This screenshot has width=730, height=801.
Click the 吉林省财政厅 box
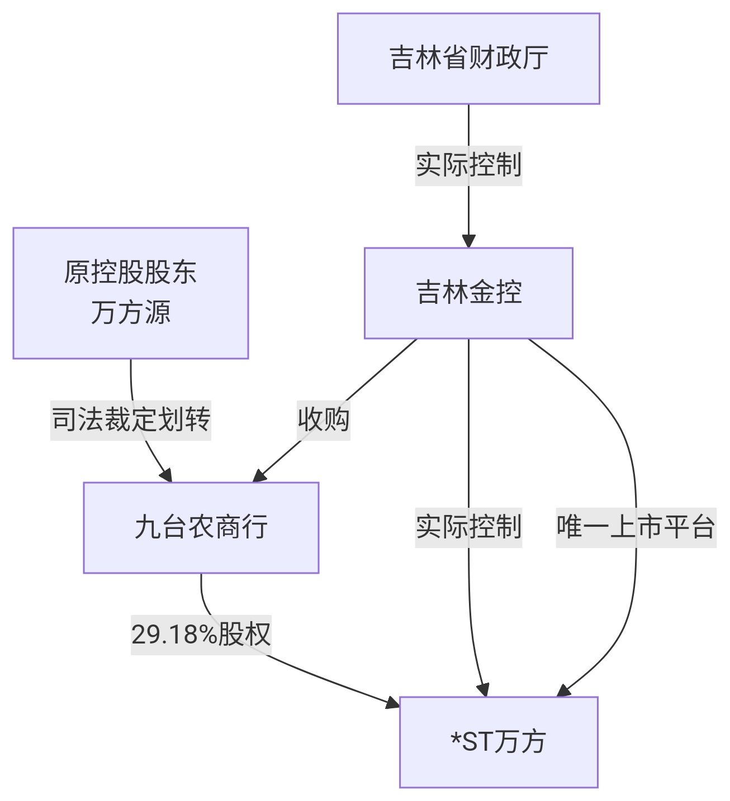(x=468, y=59)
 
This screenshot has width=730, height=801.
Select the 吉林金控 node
(x=468, y=293)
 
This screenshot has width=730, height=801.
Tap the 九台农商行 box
(x=201, y=527)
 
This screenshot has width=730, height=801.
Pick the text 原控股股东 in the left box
(x=130, y=273)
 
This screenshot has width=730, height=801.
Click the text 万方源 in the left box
(x=130, y=312)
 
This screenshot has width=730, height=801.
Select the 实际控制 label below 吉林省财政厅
(x=468, y=165)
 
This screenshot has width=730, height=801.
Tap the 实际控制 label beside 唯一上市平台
(x=468, y=527)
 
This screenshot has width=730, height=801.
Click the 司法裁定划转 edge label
(x=131, y=419)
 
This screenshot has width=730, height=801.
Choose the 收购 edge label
(x=324, y=419)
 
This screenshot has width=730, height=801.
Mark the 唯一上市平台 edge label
(x=636, y=527)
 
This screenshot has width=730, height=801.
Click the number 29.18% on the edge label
(x=174, y=635)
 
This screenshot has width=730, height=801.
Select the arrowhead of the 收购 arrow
(x=259, y=475)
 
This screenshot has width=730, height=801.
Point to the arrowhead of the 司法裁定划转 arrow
(x=165, y=475)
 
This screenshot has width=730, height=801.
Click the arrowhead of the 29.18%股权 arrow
(x=393, y=702)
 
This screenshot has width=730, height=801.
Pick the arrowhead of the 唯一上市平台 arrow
(x=564, y=690)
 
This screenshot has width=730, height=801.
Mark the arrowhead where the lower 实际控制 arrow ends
(x=483, y=690)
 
